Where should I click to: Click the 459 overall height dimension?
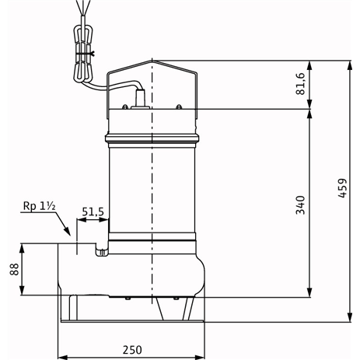(x=342, y=188)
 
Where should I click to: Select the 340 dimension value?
(x=300, y=205)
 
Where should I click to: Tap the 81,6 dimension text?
(x=301, y=84)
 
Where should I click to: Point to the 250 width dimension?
(x=132, y=350)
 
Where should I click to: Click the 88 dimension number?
(x=15, y=269)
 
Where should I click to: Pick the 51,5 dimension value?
(x=93, y=211)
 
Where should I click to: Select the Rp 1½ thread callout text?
(x=40, y=206)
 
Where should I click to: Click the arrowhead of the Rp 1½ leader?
(x=67, y=231)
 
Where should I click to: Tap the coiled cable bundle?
(x=82, y=54)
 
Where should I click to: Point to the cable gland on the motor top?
(x=140, y=99)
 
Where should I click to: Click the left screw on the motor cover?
(x=125, y=107)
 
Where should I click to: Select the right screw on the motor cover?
(x=179, y=107)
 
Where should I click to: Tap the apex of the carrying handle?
(x=152, y=61)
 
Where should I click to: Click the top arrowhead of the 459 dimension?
(x=350, y=65)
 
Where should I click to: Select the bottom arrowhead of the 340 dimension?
(x=309, y=292)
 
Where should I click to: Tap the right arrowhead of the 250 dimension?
(x=200, y=357)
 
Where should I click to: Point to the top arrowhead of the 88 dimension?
(x=22, y=248)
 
